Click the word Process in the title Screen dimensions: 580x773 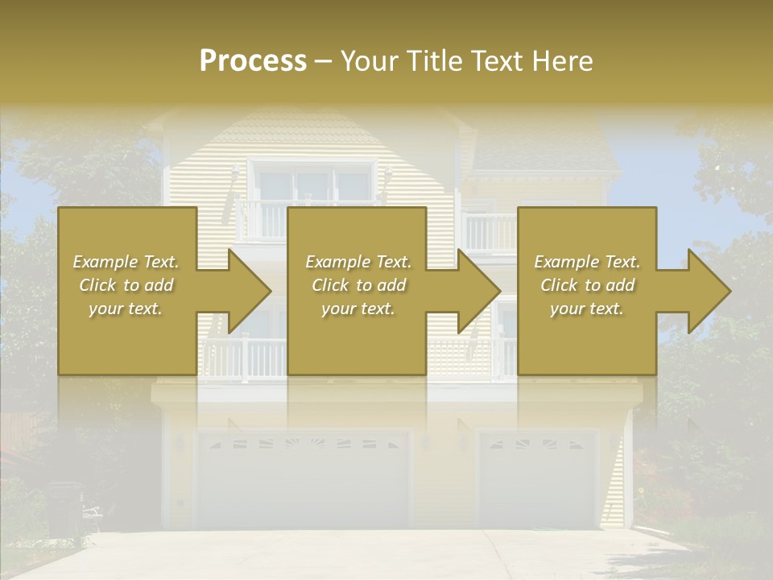253,61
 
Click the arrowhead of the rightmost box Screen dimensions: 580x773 708,291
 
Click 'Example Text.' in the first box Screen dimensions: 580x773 126,262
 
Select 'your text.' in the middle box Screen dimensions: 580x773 358,309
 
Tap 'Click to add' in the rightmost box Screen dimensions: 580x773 587,285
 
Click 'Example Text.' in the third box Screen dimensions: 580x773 587,262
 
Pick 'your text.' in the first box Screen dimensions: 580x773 126,309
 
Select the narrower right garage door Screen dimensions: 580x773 538,479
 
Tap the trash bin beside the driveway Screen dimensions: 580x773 64,507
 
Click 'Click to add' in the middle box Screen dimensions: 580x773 358,285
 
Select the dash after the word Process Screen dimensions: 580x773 324,61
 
